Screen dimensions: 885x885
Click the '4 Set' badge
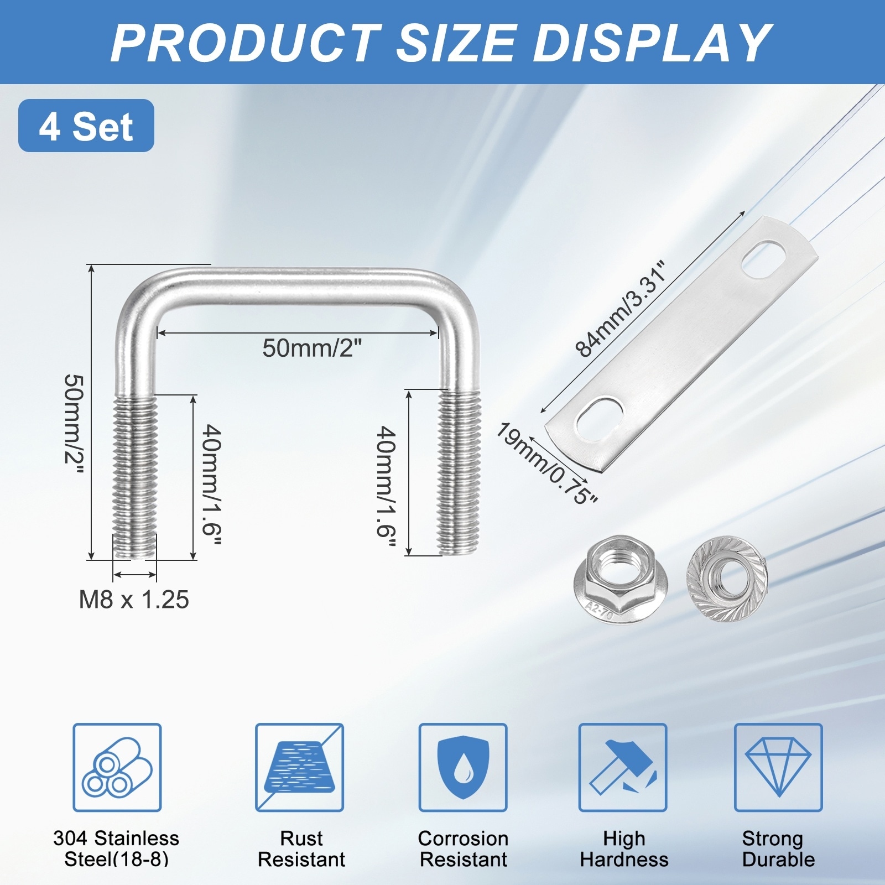[x=86, y=126]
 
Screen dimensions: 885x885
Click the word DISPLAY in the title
[x=651, y=43]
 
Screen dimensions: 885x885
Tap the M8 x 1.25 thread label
[x=134, y=600]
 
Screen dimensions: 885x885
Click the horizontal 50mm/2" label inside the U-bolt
[x=313, y=348]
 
